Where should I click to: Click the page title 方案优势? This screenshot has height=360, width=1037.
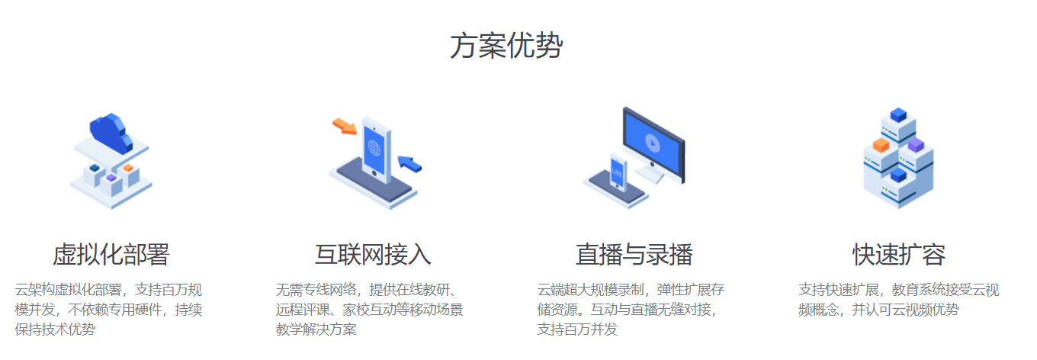pos(506,47)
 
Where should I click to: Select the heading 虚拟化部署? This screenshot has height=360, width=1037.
pos(111,254)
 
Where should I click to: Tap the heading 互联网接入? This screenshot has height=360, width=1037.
pos(373,254)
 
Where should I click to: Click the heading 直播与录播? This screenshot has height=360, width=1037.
pos(634,254)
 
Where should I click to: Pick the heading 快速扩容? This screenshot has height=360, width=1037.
pos(899,254)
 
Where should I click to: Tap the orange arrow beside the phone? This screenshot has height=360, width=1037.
pos(345,127)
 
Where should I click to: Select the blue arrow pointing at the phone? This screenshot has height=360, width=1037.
pos(409,162)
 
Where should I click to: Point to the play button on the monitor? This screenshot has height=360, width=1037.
pos(652,142)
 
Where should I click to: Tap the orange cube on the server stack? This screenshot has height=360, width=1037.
pos(881,145)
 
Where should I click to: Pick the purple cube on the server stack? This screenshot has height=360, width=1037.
pos(916,144)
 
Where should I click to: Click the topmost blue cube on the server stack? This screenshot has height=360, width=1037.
pos(898,115)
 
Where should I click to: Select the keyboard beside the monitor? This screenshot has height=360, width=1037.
pos(649,174)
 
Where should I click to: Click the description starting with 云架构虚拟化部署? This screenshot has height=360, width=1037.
pos(109,310)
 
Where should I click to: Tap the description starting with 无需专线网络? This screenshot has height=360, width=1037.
pos(370,310)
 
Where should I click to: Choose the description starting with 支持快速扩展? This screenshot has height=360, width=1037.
pos(898,300)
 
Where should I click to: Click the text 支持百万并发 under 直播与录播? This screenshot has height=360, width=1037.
pos(577,329)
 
